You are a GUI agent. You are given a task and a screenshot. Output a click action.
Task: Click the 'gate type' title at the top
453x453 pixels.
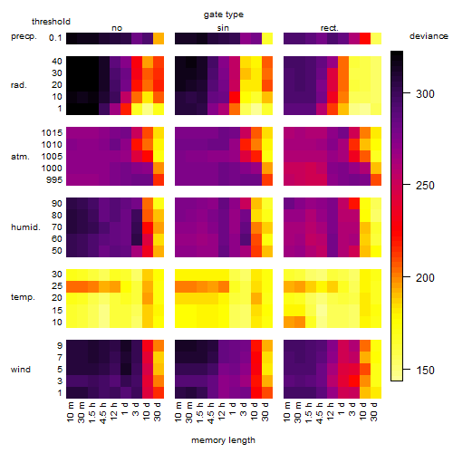pyautogui.click(x=224, y=14)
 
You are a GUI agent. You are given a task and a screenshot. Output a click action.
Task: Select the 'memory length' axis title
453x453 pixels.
pyautogui.click(x=223, y=440)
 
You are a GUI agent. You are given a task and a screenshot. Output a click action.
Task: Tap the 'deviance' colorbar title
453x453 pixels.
pyautogui.click(x=429, y=36)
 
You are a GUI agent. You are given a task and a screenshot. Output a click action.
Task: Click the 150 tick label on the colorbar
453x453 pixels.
pyautogui.click(x=425, y=370)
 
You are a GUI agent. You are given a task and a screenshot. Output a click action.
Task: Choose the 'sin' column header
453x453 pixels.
pyautogui.click(x=223, y=28)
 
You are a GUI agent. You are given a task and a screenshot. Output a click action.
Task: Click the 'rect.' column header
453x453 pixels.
pyautogui.click(x=329, y=28)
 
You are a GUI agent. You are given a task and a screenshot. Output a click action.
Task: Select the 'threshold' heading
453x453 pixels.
pyautogui.click(x=51, y=22)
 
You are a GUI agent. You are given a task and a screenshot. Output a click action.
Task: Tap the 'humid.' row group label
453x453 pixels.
pyautogui.click(x=25, y=227)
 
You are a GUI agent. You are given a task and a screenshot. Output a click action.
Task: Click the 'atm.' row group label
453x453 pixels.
pyautogui.click(x=20, y=157)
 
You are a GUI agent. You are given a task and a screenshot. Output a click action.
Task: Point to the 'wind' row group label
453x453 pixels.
pyautogui.click(x=21, y=370)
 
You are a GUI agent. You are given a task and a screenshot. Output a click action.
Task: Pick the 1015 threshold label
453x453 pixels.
pyautogui.click(x=52, y=132)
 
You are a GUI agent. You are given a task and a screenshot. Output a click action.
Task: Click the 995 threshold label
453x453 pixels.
pyautogui.click(x=54, y=180)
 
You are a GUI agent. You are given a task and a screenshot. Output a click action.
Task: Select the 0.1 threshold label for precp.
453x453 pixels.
pyautogui.click(x=55, y=38)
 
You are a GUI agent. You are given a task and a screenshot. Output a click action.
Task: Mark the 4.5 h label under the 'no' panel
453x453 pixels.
pyautogui.click(x=103, y=412)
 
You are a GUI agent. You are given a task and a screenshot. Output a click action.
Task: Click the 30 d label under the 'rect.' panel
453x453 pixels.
pyautogui.click(x=374, y=411)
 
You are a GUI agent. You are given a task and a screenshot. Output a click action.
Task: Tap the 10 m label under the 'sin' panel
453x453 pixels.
pyautogui.click(x=179, y=412)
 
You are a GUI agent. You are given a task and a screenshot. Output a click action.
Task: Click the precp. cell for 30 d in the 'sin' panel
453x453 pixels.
pyautogui.click(x=267, y=39)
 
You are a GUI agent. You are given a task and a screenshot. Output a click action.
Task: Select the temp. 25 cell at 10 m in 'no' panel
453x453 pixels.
pyautogui.click(x=72, y=286)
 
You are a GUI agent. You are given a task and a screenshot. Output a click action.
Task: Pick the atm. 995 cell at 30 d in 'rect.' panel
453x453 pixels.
pyautogui.click(x=376, y=180)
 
